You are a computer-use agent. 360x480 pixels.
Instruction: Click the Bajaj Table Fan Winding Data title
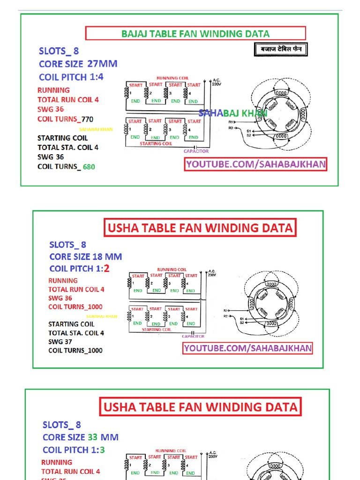coord(195,34)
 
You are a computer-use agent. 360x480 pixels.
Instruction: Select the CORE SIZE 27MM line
coord(78,64)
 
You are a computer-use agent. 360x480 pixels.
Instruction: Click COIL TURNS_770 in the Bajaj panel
coord(65,119)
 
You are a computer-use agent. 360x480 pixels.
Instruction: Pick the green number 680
coord(89,166)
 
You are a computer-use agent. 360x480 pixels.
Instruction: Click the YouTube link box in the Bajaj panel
coord(255,164)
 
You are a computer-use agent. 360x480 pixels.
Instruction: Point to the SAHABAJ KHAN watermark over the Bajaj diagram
coord(233,113)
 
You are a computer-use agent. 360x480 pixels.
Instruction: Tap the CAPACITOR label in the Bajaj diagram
coord(196,151)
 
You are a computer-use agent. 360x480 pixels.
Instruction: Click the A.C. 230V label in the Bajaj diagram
coord(216,82)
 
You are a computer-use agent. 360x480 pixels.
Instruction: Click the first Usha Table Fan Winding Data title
coord(200,228)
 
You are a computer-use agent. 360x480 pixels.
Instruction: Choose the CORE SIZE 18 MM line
coord(85,256)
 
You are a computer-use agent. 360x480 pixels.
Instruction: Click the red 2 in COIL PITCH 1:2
coord(106,269)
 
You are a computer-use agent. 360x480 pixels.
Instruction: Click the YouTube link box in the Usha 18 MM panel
coord(247,348)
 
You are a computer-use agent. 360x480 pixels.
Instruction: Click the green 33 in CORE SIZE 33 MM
coord(92,437)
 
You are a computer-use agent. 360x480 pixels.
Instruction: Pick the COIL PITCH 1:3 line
coord(74,450)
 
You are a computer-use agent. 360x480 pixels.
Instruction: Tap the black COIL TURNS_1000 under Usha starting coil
coord(75,350)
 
